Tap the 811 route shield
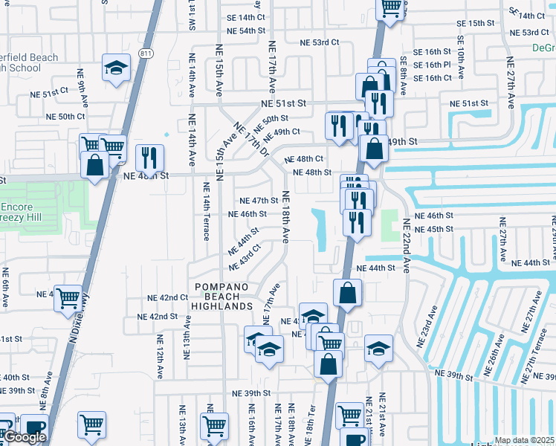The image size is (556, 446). point(146,54)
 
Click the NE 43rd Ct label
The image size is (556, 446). point(245,257)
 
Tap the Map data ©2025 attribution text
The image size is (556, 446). point(525,440)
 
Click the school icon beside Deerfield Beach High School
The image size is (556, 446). point(116,69)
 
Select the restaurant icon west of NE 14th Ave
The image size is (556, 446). point(149,158)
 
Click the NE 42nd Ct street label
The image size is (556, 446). point(167,297)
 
